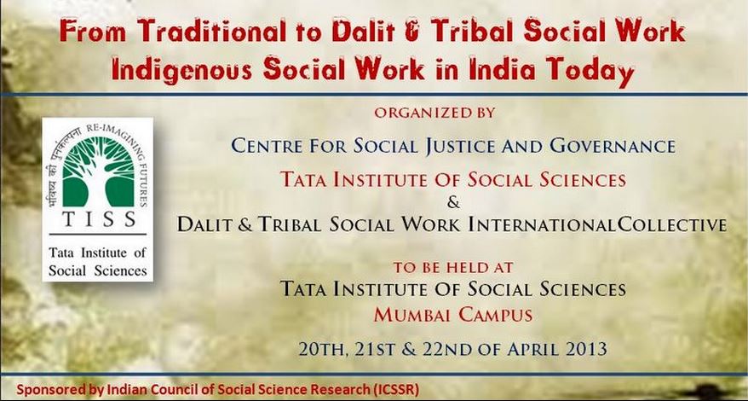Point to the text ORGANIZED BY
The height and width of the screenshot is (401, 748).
coord(434,113)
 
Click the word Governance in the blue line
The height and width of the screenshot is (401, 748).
coord(613,145)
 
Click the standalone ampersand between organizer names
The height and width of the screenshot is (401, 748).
coord(454,203)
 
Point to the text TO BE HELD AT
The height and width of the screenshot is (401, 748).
coord(452,268)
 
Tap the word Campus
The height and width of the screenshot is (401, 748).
coord(496,315)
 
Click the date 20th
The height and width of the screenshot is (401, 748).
coord(323,348)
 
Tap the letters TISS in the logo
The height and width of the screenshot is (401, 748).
coord(99,219)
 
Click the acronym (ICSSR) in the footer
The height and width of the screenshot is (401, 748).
coord(394,390)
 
